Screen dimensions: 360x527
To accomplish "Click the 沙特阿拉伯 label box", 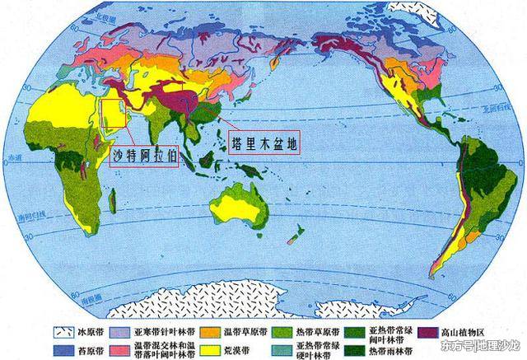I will click(144, 153).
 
